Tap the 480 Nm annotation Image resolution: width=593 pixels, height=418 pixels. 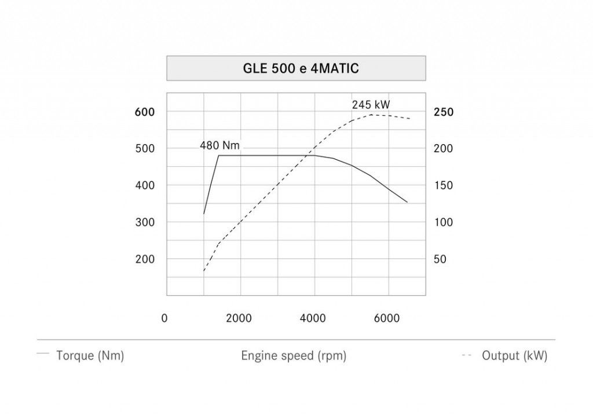[x=219, y=145]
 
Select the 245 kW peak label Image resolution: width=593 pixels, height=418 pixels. [x=371, y=105]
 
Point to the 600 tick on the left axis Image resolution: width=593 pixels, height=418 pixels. [x=145, y=112]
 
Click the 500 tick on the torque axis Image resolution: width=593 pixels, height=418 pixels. [x=145, y=148]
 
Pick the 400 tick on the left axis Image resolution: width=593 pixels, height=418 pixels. [x=145, y=185]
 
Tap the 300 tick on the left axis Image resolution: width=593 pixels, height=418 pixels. [x=145, y=222]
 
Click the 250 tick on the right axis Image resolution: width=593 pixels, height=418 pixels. [x=444, y=112]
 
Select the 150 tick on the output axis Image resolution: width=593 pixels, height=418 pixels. [x=444, y=186]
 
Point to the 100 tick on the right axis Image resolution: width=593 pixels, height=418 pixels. [x=444, y=222]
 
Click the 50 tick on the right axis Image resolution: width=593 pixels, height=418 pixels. [x=440, y=259]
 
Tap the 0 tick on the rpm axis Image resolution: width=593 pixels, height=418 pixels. [x=164, y=318]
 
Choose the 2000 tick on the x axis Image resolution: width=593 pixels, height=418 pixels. [x=239, y=318]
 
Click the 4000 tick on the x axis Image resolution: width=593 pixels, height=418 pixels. [x=313, y=318]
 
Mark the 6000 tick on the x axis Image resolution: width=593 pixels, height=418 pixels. [x=387, y=318]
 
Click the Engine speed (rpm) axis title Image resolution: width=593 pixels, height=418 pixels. [x=294, y=356]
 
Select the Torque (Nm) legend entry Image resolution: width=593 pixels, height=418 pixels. [x=90, y=356]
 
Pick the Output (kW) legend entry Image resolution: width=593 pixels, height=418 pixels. [x=514, y=356]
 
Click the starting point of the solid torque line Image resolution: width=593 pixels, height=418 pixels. [x=204, y=214]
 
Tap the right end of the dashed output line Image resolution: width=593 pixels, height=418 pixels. [x=410, y=119]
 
